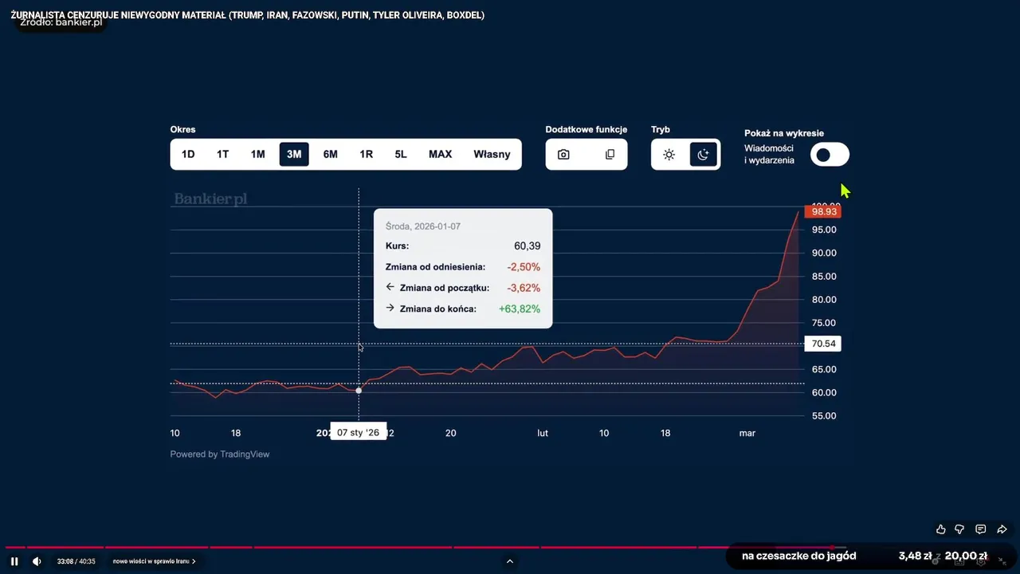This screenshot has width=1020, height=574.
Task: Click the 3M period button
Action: [294, 154]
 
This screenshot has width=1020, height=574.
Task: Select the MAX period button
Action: [440, 154]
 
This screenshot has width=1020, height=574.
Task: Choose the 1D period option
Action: [188, 154]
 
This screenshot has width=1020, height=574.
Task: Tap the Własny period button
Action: [492, 154]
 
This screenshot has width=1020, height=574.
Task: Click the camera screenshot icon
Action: [563, 155]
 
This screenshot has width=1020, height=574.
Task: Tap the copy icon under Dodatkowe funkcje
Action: [610, 155]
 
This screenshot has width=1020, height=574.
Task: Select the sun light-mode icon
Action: [669, 155]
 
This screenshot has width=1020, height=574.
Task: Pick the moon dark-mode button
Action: [703, 155]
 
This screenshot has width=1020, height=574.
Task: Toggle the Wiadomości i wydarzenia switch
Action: [830, 155]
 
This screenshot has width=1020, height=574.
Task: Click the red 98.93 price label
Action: [823, 211]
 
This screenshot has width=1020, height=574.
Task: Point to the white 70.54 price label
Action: [823, 344]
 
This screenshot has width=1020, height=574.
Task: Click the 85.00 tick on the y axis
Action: [824, 277]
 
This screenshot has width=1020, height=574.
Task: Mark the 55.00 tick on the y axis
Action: [824, 416]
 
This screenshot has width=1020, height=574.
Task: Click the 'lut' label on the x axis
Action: [543, 433]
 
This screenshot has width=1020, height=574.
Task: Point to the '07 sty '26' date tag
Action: [358, 432]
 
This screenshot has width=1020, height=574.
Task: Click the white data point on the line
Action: [359, 390]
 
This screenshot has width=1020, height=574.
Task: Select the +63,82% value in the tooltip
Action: [519, 309]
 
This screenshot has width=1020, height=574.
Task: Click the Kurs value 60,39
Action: [527, 246]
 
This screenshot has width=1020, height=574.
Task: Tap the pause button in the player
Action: [14, 561]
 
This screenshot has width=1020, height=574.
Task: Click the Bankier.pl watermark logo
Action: [210, 199]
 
